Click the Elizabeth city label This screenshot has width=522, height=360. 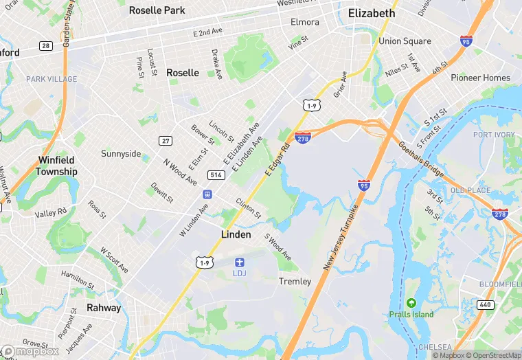(x=372, y=13)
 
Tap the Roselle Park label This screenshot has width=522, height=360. (x=157, y=10)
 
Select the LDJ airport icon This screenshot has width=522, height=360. (x=239, y=262)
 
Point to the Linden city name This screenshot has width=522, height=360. (x=237, y=234)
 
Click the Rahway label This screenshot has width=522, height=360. (x=104, y=308)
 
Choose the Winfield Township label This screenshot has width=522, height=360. (x=57, y=166)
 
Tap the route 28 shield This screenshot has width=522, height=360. (x=46, y=45)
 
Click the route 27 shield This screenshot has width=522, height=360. (x=166, y=141)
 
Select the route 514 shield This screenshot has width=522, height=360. (x=216, y=175)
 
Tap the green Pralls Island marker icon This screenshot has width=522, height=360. (x=411, y=303)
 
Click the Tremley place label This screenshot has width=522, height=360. (x=295, y=282)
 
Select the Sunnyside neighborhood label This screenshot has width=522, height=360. (x=121, y=153)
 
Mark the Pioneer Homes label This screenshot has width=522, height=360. (x=481, y=78)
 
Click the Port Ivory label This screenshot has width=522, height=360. (x=494, y=134)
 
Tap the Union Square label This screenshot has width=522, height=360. (x=405, y=41)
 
